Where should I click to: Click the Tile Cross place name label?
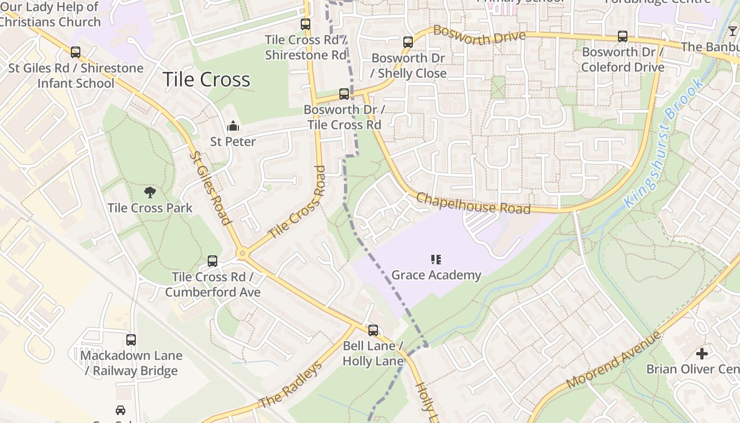(206, 79)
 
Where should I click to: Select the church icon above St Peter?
(233, 126)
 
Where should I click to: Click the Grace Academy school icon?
(436, 259)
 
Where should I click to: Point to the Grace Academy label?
(436, 275)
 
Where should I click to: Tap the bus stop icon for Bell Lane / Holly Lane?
(373, 330)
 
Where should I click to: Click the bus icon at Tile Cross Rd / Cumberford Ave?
(212, 261)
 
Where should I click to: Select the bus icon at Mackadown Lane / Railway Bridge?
(131, 340)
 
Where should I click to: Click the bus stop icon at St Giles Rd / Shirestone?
(76, 52)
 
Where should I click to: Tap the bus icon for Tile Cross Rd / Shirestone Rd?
(306, 24)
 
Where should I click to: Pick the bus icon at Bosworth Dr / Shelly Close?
(408, 42)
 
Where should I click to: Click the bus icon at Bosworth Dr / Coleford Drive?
(623, 36)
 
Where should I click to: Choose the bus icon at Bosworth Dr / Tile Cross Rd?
(344, 94)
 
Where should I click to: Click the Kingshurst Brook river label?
(663, 143)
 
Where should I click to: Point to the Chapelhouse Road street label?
(473, 203)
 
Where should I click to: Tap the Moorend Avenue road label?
(613, 360)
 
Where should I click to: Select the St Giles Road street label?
(210, 188)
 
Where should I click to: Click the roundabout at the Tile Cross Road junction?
(243, 254)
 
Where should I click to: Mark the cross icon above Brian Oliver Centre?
(701, 353)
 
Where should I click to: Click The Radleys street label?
(290, 386)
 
